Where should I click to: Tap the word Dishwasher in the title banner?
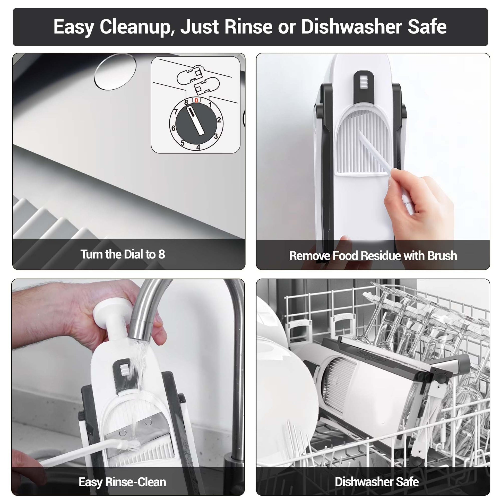click(352, 27)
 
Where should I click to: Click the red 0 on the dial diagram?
click(196, 100)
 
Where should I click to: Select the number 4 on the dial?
click(198, 147)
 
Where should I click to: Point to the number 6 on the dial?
click(173, 128)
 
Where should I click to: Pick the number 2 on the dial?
click(219, 120)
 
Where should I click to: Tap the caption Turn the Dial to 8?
click(123, 254)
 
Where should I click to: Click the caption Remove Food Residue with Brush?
click(373, 256)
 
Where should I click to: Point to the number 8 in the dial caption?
click(162, 254)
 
